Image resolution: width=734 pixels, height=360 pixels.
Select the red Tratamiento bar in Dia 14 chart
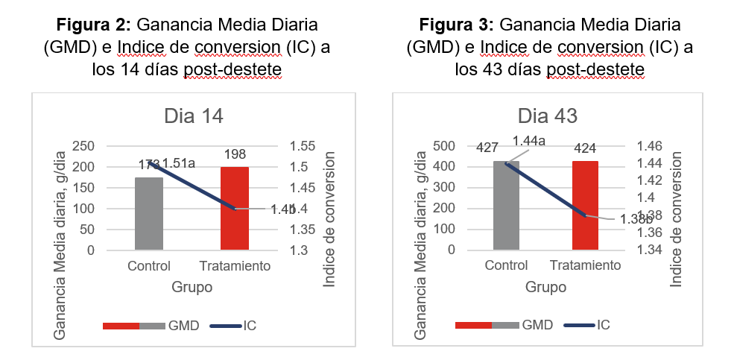pyautogui.click(x=235, y=209)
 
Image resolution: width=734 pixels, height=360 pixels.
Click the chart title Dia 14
pyautogui.click(x=193, y=116)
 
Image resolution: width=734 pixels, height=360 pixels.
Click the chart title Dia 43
pyautogui.click(x=548, y=116)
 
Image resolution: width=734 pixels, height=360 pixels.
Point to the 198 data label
pyautogui.click(x=235, y=154)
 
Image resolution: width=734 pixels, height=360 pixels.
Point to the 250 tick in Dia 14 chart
pyautogui.click(x=84, y=146)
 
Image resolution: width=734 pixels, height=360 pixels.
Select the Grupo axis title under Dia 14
pyautogui.click(x=192, y=287)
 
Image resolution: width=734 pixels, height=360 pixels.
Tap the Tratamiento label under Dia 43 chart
pyautogui.click(x=585, y=266)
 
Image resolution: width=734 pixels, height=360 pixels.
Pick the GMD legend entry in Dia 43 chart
pyautogui.click(x=537, y=325)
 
